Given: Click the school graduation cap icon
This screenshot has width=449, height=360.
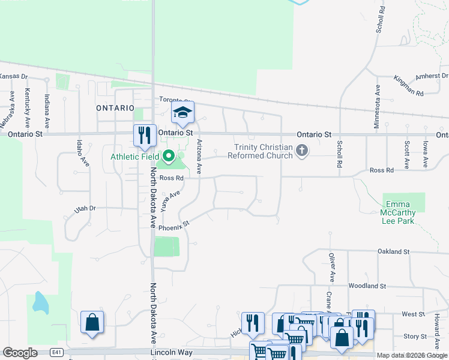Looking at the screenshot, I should [183, 112].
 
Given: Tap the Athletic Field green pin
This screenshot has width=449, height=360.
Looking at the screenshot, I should [169, 157].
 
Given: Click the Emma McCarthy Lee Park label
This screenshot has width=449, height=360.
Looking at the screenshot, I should [398, 212].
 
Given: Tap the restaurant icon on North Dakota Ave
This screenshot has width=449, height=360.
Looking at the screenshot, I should [144, 135].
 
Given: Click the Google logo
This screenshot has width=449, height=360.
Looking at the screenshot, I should [20, 353].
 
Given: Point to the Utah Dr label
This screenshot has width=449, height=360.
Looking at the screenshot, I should [85, 209].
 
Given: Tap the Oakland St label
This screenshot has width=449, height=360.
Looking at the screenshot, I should [393, 251].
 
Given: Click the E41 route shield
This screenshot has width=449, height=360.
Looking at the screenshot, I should [56, 352].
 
